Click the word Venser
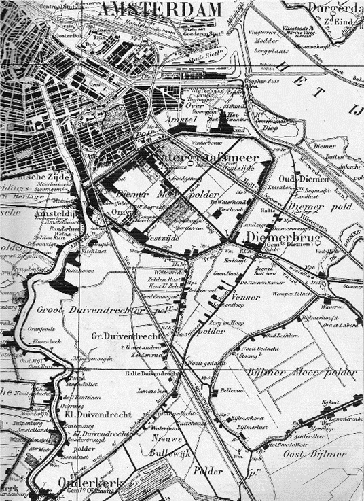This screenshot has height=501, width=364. [x=246, y=297]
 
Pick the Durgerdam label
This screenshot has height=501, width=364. [x=333, y=8]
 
